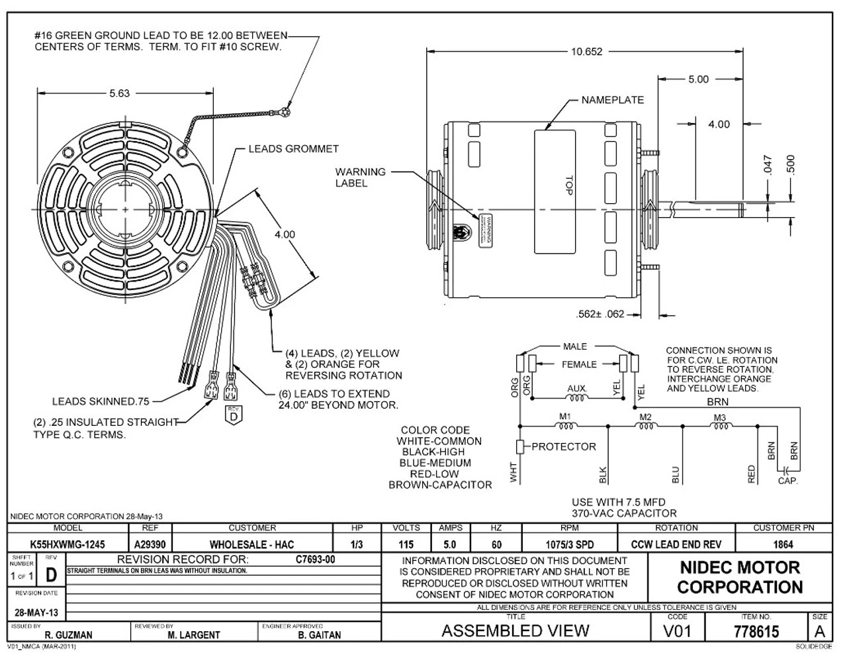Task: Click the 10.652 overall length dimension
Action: (586, 52)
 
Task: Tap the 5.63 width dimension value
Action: (119, 93)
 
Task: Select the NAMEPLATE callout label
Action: (612, 100)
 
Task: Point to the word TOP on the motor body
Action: (567, 186)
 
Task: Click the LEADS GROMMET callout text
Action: (293, 149)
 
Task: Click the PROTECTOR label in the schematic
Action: (564, 446)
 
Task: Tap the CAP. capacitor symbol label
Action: (787, 481)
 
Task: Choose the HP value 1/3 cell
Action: (357, 544)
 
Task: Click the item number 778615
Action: (756, 631)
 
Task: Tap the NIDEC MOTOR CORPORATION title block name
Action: (739, 577)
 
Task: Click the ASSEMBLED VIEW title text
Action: (515, 630)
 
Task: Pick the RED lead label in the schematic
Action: (751, 474)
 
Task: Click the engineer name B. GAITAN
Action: (320, 635)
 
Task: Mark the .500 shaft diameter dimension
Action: (791, 166)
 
